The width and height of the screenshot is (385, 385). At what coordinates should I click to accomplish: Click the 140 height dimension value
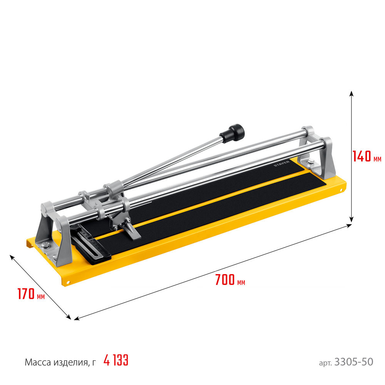362,156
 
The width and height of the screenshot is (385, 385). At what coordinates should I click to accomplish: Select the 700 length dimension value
225,280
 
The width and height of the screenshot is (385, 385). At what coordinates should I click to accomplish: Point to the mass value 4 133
116,361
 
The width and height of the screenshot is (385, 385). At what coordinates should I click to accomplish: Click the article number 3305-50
354,362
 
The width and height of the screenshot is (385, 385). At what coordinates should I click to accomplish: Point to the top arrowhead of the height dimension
351,94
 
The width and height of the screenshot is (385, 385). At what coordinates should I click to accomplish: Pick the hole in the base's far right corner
341,190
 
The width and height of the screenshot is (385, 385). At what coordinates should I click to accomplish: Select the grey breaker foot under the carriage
131,233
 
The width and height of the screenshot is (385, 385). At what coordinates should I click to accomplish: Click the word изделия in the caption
71,362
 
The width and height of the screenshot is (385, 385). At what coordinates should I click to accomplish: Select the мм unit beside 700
241,283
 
